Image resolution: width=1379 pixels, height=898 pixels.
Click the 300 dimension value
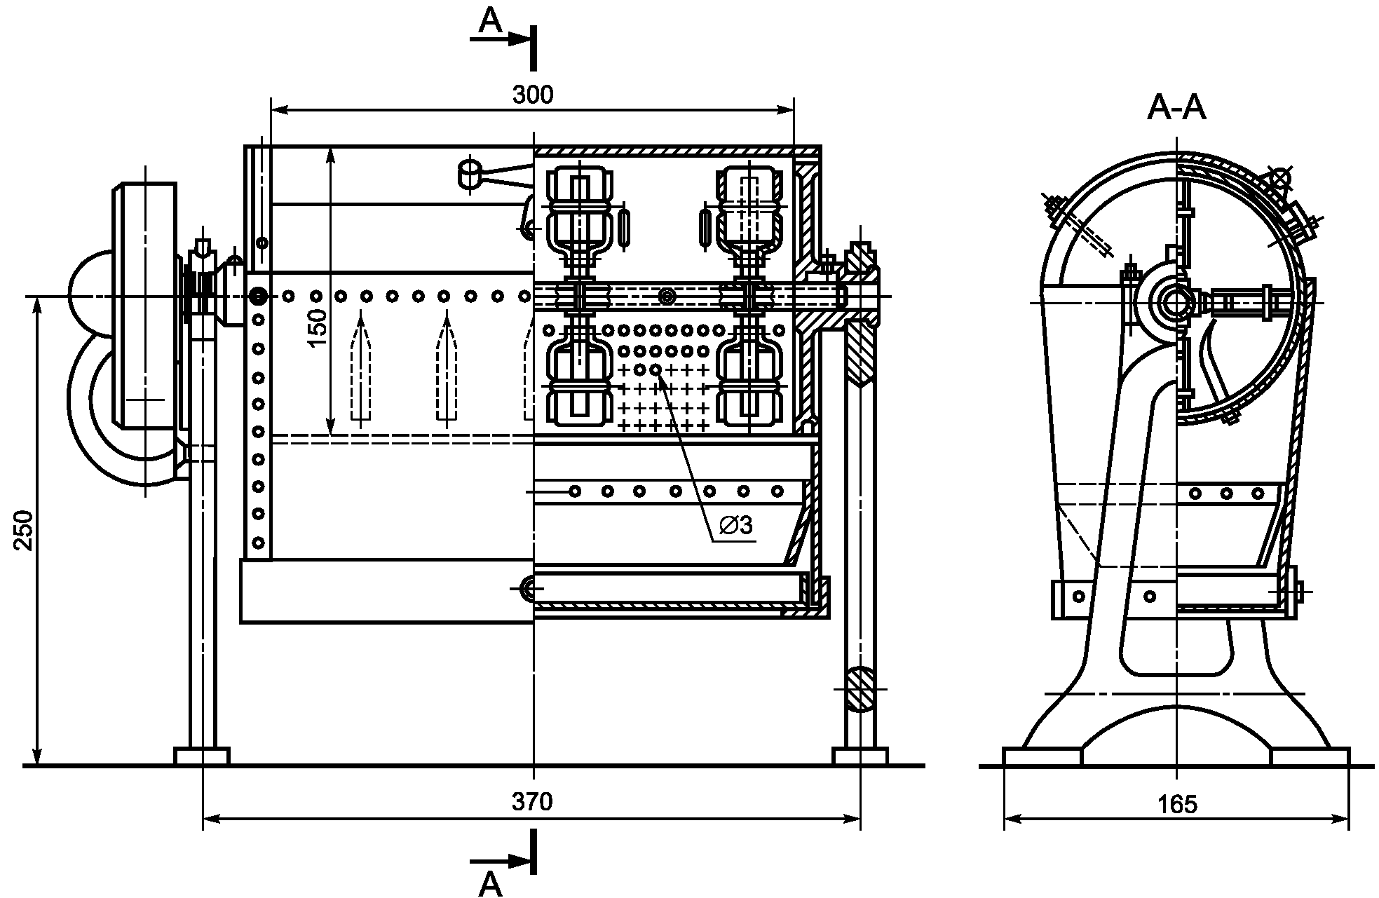click(532, 94)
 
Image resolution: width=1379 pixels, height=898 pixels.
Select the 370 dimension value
click(532, 801)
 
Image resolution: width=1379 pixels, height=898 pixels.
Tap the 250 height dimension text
click(24, 530)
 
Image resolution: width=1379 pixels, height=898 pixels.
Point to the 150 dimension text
click(318, 327)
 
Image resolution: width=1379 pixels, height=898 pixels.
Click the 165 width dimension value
click(1178, 804)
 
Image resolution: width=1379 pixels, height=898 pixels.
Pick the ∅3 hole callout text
click(736, 524)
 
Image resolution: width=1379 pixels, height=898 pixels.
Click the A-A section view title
click(1176, 109)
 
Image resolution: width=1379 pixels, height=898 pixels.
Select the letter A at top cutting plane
click(491, 21)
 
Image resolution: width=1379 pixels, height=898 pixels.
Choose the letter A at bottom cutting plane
click(491, 885)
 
